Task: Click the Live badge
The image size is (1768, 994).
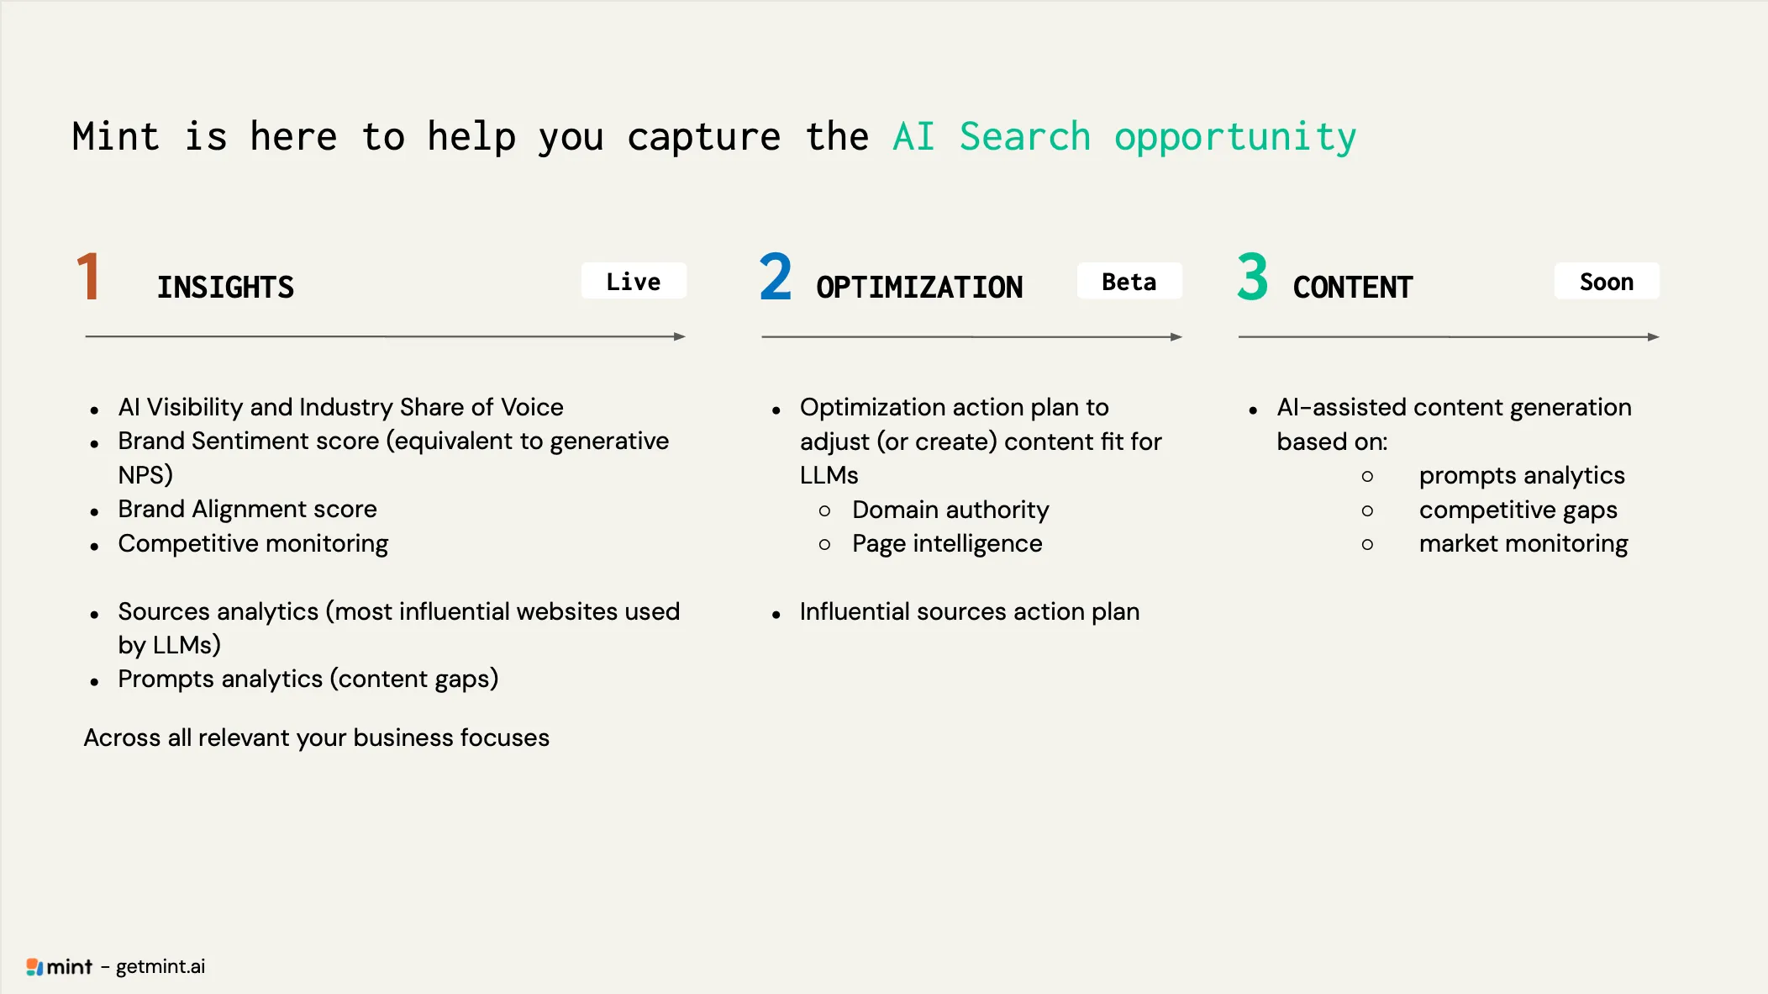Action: point(634,281)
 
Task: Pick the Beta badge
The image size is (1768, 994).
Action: point(1129,281)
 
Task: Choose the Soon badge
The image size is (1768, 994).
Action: point(1607,281)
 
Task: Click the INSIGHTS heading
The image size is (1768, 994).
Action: point(225,288)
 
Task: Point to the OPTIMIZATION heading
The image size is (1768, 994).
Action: point(919,288)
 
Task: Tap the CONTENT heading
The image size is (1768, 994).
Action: point(1353,288)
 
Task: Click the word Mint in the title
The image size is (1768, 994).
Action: point(116,136)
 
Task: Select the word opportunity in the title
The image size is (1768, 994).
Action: point(1235,138)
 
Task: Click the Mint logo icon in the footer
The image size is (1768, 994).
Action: point(34,967)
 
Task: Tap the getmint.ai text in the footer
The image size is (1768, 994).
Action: point(160,967)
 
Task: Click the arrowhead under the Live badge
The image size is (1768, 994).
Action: point(680,336)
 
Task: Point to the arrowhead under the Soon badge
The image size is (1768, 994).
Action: point(1654,336)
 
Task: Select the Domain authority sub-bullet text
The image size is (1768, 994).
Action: point(950,510)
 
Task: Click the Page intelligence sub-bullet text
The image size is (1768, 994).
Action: point(947,544)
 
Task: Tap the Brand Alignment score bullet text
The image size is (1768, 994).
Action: point(247,510)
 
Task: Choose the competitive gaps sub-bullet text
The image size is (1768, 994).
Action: point(1518,510)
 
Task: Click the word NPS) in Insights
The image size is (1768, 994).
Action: point(145,475)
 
